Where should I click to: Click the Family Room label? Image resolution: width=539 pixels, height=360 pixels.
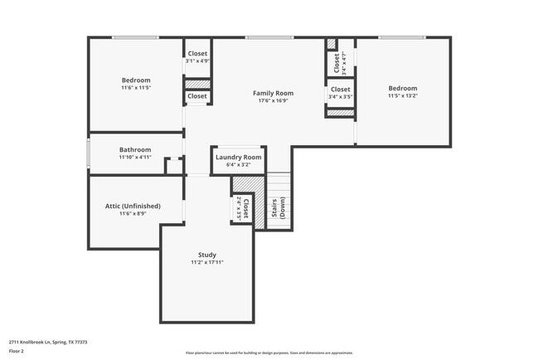273,94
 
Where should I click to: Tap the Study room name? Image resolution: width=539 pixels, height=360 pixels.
206,255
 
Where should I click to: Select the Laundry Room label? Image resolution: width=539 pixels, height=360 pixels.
238,157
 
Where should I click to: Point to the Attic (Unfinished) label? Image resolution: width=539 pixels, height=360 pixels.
129,206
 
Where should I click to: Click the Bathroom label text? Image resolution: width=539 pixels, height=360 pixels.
134,149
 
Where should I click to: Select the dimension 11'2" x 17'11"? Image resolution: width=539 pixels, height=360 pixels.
206,262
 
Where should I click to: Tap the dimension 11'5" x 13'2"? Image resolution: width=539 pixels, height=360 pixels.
402,95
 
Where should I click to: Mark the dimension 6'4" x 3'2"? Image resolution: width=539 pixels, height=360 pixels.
238,164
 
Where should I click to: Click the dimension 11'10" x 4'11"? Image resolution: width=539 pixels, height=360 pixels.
134,157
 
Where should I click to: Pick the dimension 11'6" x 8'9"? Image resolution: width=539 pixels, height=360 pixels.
129,213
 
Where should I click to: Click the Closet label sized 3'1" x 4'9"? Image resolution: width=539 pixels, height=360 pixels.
197,54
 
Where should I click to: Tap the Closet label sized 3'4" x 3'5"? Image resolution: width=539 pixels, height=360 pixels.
340,89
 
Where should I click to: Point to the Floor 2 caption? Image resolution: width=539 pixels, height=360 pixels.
17,352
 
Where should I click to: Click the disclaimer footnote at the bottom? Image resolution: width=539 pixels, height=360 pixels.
269,353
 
